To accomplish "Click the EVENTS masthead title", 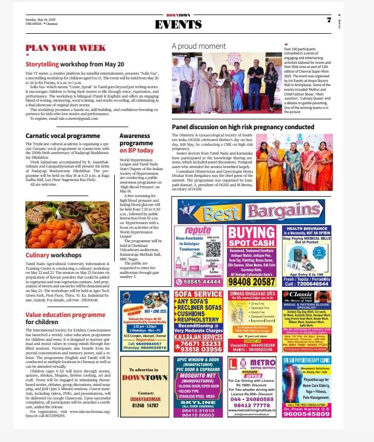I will pos(179,24).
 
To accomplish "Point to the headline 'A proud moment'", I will pos(199,46).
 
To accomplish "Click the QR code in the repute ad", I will pos(212,250).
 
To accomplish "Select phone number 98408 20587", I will pos(252,282).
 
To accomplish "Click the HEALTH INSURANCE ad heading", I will pos(306,229).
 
